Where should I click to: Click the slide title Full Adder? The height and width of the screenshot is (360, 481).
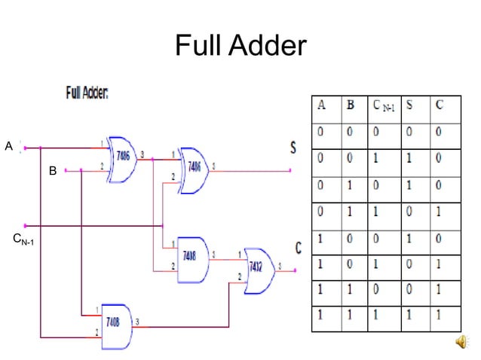[240, 47]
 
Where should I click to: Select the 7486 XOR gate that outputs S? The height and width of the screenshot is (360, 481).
[193, 167]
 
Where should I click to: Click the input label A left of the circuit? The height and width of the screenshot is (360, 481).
[9, 146]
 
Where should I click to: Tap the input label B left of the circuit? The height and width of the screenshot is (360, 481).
[52, 172]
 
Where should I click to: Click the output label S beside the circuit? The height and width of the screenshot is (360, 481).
[293, 148]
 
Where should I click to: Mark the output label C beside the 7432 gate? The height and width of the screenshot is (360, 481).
[298, 247]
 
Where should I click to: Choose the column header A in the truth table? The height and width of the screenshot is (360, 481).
[322, 106]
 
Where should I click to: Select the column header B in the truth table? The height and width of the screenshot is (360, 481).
[351, 106]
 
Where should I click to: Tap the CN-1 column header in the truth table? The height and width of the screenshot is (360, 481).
[383, 107]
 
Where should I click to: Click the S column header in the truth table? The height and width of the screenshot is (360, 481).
[412, 106]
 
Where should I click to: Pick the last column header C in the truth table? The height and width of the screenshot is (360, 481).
[439, 106]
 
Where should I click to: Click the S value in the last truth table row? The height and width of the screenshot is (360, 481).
[412, 316]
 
